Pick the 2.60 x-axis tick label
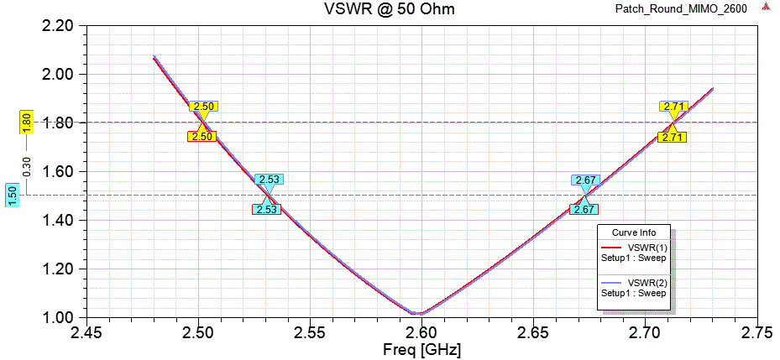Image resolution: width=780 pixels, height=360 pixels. (421, 333)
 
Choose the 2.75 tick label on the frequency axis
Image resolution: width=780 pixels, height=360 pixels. (756, 333)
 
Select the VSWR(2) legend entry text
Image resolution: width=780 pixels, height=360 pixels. (647, 283)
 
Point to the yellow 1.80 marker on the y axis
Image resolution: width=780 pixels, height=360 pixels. (26, 123)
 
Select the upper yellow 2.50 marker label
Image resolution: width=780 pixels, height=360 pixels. (204, 107)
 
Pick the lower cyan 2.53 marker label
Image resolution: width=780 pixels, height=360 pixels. (266, 210)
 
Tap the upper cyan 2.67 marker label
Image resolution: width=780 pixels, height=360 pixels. (585, 180)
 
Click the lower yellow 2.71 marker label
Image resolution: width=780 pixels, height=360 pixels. (671, 138)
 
